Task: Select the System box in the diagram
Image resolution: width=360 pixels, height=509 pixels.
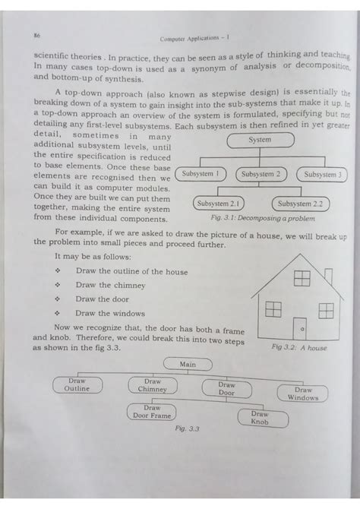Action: click(x=260, y=141)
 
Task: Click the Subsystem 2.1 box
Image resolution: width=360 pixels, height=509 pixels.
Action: click(x=219, y=204)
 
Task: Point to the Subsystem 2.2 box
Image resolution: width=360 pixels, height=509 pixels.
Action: click(x=300, y=204)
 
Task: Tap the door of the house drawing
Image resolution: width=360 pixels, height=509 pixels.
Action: click(x=301, y=323)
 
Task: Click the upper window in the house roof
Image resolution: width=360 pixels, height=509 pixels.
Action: click(x=301, y=278)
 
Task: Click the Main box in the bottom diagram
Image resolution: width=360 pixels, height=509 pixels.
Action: click(x=188, y=365)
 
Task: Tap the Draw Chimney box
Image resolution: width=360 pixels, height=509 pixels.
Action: click(x=153, y=384)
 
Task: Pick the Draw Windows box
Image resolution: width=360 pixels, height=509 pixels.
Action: click(x=302, y=394)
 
